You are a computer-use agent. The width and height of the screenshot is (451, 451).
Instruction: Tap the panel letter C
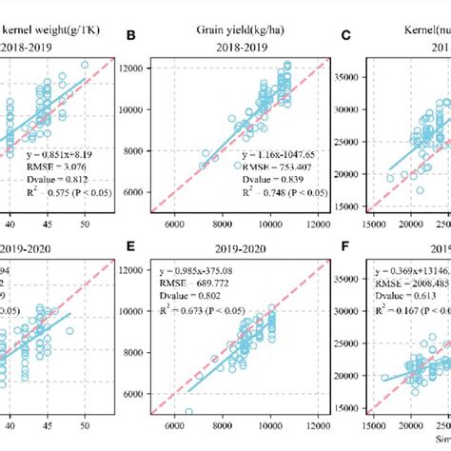347,38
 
